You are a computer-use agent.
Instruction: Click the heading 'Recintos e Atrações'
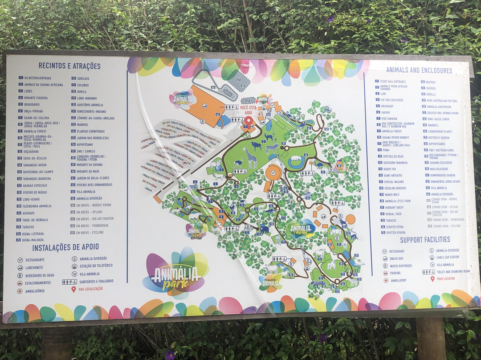pyautogui.click(x=69, y=66)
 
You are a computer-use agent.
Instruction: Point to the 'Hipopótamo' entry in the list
pyautogui.click(x=86, y=145)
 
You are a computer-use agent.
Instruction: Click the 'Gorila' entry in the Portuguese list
pyautogui.click(x=82, y=91)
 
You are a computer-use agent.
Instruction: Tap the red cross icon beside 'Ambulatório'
pyautogui.click(x=20, y=290)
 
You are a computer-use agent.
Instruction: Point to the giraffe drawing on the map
pyautogui.click(x=250, y=158)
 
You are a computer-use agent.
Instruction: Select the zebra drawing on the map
pyautogui.click(x=272, y=148)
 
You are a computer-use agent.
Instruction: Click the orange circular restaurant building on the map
pyautogui.click(x=273, y=172)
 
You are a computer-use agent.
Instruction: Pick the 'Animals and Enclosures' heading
pyautogui.click(x=419, y=70)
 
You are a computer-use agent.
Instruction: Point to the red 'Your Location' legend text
pyautogui.click(x=446, y=279)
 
